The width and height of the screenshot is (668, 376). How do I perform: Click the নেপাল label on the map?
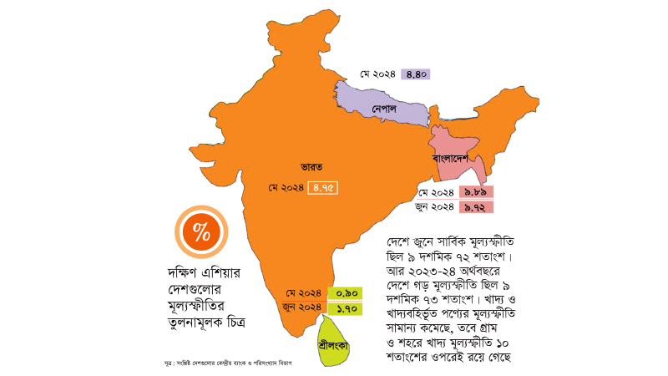click(384, 109)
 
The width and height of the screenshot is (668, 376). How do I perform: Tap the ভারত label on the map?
click(312, 165)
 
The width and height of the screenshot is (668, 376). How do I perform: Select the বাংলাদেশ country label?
click(453, 157)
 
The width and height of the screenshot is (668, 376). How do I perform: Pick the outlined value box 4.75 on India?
click(324, 188)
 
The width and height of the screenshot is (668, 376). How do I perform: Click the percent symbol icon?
click(201, 231)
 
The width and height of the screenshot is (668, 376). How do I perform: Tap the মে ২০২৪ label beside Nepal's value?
click(377, 74)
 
